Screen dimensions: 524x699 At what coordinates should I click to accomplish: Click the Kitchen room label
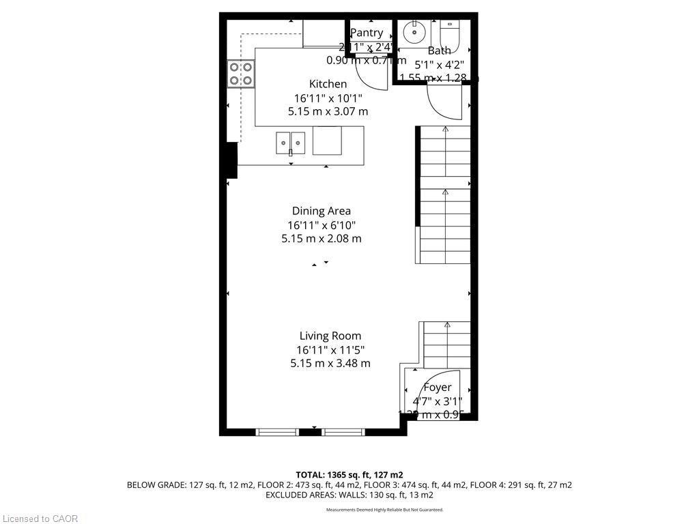pos(328,84)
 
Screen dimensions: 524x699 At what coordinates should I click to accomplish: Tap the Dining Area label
pos(321,211)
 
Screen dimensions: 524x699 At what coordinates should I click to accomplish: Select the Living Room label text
pos(330,336)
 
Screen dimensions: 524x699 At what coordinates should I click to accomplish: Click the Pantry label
pos(367,33)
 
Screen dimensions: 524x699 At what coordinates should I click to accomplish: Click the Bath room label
pos(439,50)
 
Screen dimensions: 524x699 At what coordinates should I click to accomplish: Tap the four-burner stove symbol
pos(240,74)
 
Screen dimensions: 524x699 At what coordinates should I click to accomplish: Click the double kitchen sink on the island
pos(291,143)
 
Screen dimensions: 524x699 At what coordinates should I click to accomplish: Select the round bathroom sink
pos(414,31)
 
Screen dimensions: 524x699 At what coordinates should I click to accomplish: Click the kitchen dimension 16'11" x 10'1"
pos(328,98)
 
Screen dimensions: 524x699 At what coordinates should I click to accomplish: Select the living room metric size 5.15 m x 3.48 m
pos(330,363)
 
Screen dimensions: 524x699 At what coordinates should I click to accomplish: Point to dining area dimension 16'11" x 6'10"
pos(321,224)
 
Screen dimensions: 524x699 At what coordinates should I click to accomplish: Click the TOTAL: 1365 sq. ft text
pos(349,474)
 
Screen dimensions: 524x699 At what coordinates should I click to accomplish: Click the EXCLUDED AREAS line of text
pos(349,495)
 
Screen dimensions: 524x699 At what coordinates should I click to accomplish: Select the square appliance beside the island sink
pos(327,142)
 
